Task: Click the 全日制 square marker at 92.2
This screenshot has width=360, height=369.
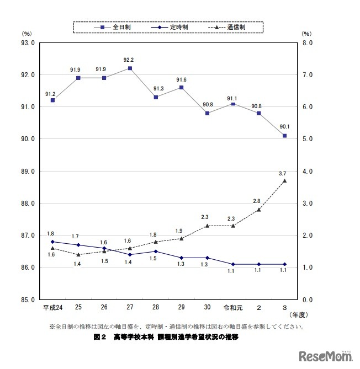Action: tap(130, 68)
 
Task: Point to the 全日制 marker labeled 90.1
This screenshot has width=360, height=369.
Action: tap(284, 136)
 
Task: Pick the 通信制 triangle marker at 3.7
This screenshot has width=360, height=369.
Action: tap(284, 180)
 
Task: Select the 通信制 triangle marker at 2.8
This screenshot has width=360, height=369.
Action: tap(258, 210)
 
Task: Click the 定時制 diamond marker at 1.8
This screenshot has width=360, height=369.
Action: tap(52, 242)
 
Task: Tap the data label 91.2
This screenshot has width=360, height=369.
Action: tap(50, 94)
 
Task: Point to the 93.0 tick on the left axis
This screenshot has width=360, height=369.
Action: tap(27, 42)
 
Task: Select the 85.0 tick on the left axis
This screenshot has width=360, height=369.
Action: tap(27, 300)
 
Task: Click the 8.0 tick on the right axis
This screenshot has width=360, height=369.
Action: tap(308, 42)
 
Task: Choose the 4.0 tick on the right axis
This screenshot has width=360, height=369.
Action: tap(308, 172)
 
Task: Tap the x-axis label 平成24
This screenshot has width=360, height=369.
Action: tap(52, 307)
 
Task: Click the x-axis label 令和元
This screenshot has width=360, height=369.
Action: tap(232, 307)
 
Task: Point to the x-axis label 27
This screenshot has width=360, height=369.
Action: tap(130, 307)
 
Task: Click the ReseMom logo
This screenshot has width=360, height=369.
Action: tap(326, 356)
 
